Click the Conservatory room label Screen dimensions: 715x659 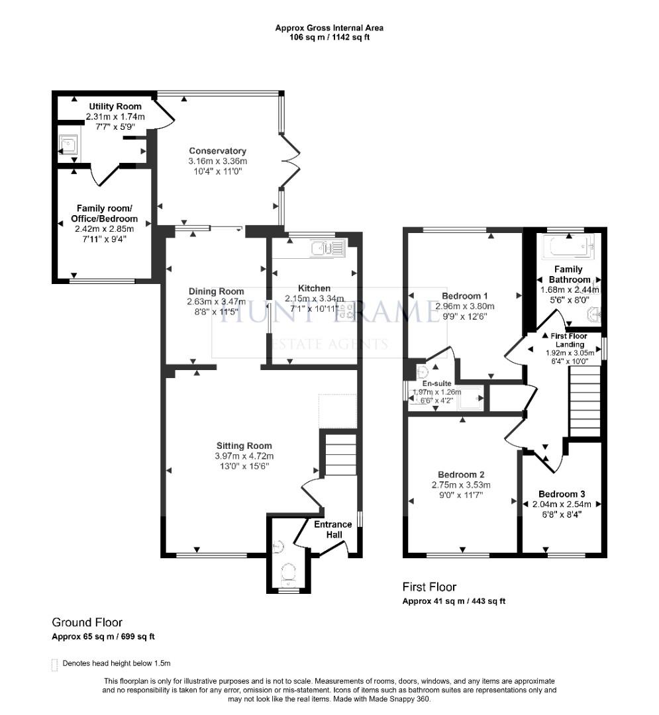(217, 150)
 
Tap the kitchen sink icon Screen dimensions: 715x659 (325, 248)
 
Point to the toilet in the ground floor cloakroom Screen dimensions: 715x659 (288, 572)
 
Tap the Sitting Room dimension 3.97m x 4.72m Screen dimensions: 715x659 (244, 456)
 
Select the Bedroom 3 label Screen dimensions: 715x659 (561, 494)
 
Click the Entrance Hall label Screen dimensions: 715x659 (332, 529)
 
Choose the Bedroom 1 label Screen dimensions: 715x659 (464, 295)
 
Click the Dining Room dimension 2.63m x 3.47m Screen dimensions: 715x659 (216, 301)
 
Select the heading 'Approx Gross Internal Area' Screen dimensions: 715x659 (329, 28)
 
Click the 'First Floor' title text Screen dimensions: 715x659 (429, 587)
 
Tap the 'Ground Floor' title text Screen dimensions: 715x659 (87, 622)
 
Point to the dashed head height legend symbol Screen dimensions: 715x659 (54, 664)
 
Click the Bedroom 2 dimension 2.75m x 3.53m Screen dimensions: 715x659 (461, 485)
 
